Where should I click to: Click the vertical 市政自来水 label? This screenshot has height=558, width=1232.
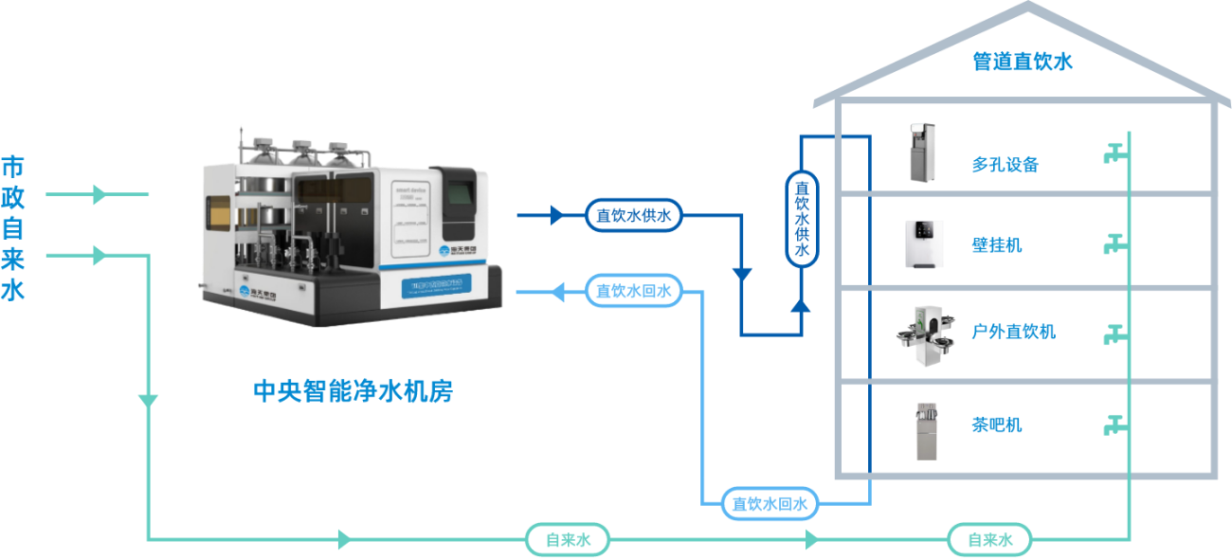point(13,228)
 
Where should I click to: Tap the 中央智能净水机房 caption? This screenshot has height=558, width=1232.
point(352,391)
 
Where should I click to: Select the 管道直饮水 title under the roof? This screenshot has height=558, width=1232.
point(1021,63)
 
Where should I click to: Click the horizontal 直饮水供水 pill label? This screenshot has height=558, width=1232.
point(633,216)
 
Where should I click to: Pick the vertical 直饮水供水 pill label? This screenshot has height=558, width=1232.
point(802,217)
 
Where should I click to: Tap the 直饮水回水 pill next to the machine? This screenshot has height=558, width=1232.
point(634,291)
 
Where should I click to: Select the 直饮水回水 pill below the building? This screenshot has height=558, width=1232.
point(770,504)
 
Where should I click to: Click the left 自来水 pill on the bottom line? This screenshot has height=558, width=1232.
point(568,540)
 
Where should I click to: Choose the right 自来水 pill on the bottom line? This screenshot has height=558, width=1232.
point(989,540)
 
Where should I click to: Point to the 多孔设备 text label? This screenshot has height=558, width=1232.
point(1005,165)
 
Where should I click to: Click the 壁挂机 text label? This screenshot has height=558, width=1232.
point(997,246)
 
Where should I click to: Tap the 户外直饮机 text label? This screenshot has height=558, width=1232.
point(1013,332)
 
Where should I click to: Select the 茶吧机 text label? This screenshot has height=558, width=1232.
point(997,424)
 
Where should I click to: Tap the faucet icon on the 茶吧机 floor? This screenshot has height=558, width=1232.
point(1114,424)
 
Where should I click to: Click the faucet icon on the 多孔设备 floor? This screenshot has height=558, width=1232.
point(1114,152)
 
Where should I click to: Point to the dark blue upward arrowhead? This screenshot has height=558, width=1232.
point(802,305)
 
